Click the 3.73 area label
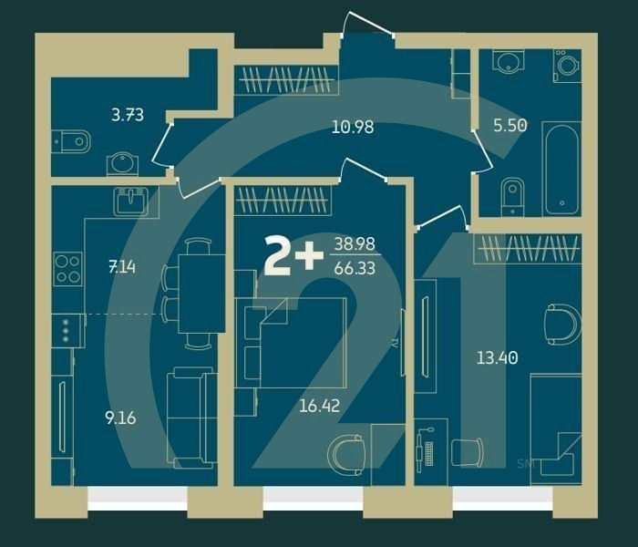click(x=127, y=115)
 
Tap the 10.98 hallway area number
click(x=353, y=127)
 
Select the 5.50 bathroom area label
click(x=510, y=126)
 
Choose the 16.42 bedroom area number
click(x=319, y=405)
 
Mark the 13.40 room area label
click(x=497, y=357)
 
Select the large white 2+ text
click(x=293, y=256)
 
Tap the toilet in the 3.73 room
click(x=74, y=140)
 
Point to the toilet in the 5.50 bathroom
click(x=512, y=194)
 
